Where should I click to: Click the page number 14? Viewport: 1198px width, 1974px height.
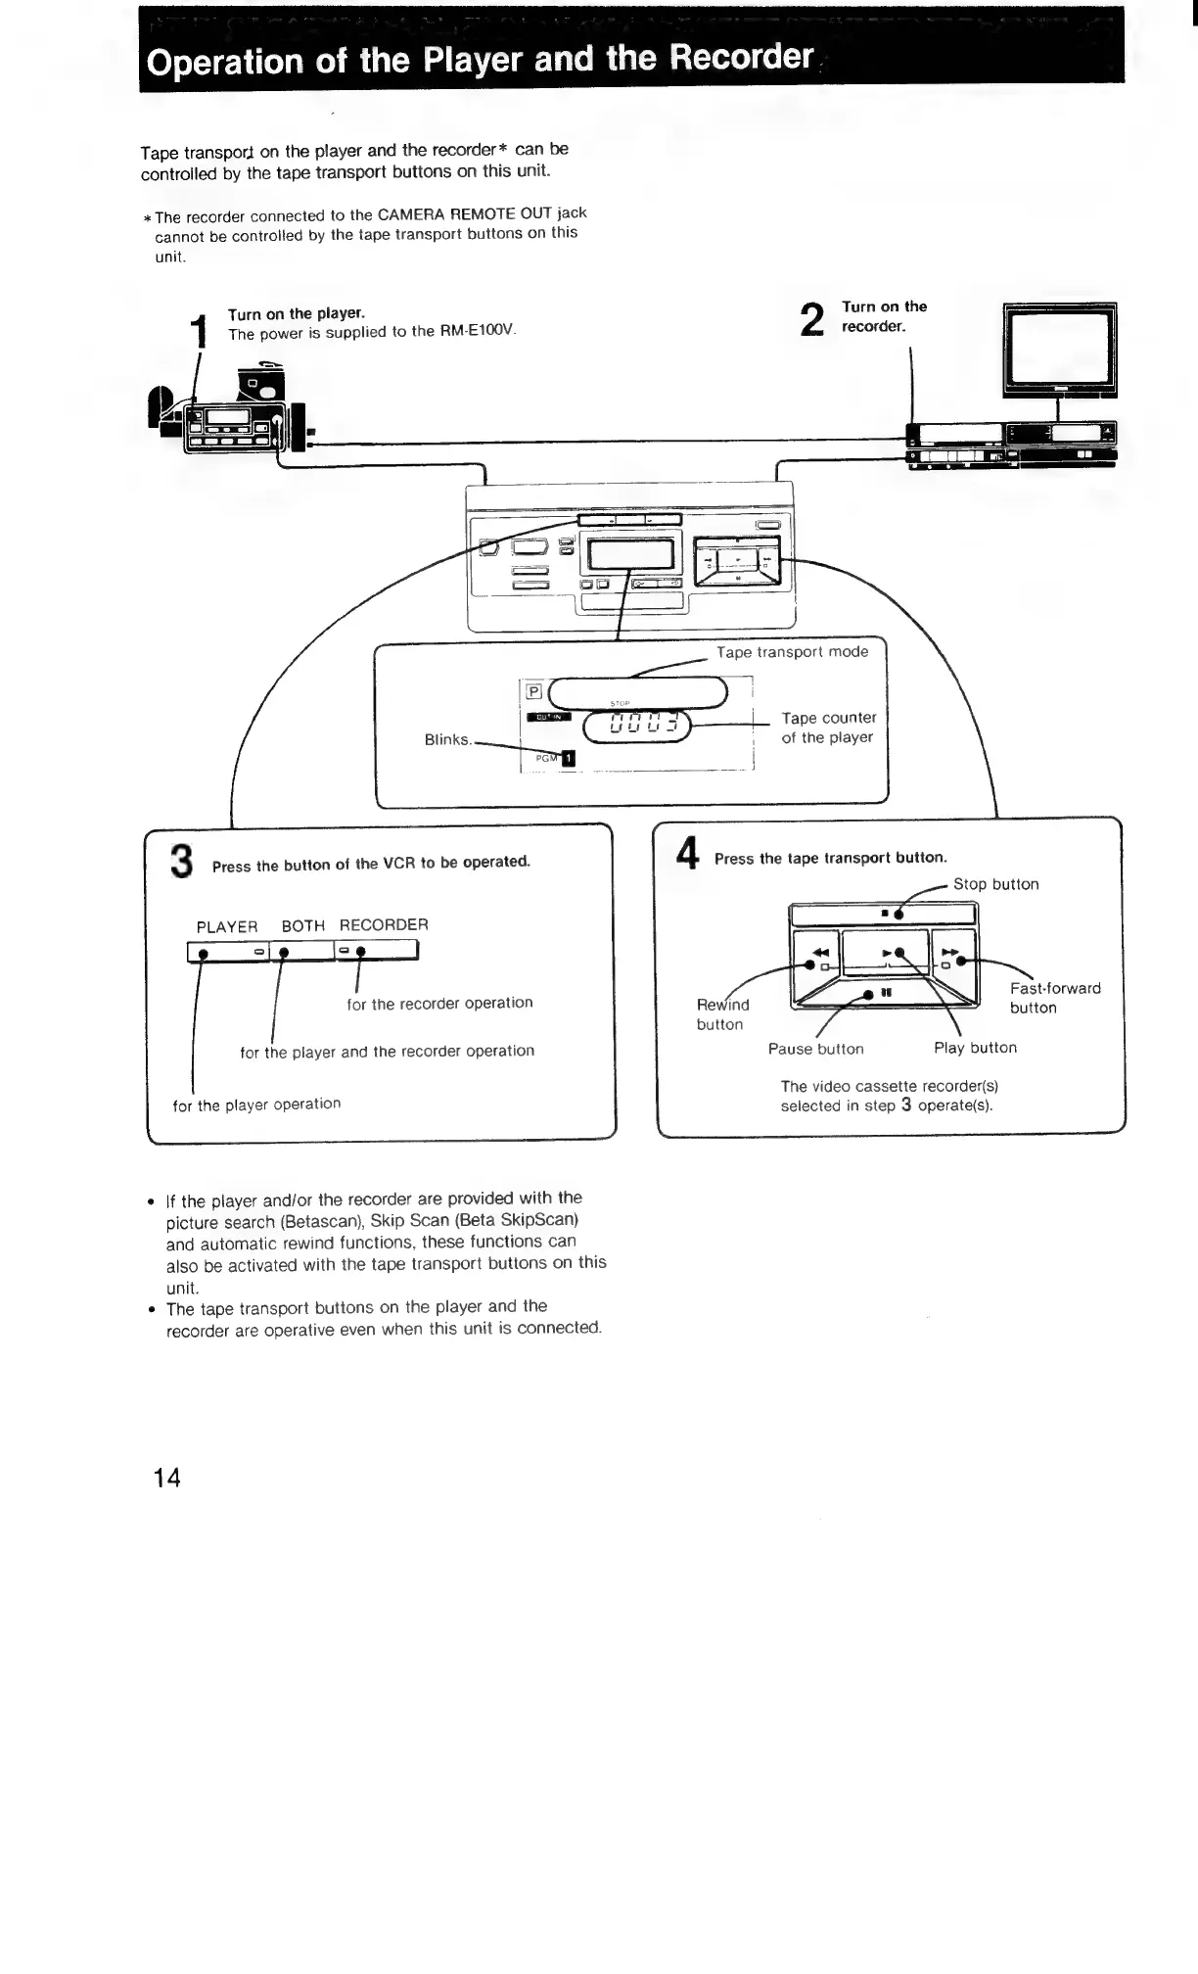click(167, 1478)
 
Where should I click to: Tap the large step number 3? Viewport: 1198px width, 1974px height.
click(181, 862)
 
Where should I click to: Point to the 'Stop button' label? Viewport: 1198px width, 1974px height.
click(995, 884)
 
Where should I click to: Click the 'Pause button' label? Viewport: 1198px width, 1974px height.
click(815, 1049)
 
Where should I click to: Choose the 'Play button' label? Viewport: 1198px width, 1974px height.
click(975, 1048)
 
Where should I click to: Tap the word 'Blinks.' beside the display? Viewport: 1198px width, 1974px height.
click(448, 739)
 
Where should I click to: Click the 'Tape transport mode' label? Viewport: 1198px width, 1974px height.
click(792, 652)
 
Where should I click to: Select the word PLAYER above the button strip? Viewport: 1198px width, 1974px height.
click(227, 926)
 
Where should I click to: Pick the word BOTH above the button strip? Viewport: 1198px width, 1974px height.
click(303, 925)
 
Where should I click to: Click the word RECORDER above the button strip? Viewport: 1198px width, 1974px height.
click(384, 924)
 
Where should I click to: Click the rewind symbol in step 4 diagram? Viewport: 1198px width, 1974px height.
click(820, 952)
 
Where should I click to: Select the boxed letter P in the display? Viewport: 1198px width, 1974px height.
click(534, 691)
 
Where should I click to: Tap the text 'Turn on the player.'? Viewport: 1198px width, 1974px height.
click(296, 313)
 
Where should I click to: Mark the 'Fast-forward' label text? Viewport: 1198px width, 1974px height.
click(1055, 988)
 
